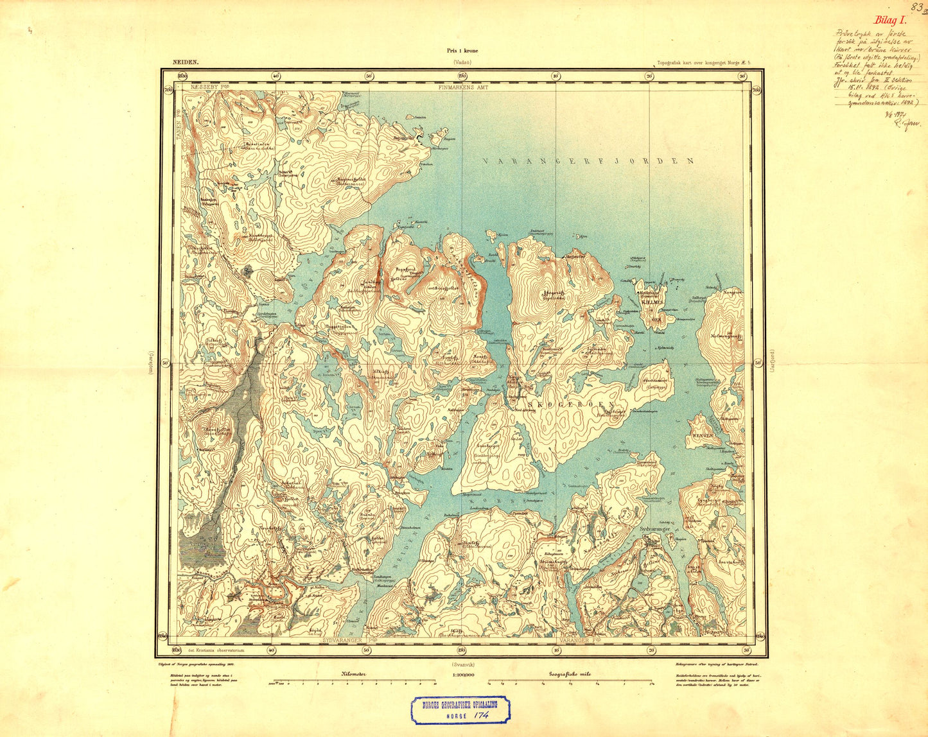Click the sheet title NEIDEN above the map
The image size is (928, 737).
pyautogui.click(x=186, y=63)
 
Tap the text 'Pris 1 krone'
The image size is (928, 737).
pyautogui.click(x=462, y=51)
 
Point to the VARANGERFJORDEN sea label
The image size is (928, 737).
pyautogui.click(x=588, y=161)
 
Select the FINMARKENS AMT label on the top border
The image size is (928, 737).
pyautogui.click(x=463, y=87)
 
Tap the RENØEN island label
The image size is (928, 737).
pyautogui.click(x=703, y=435)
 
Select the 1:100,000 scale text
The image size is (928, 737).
pyautogui.click(x=463, y=675)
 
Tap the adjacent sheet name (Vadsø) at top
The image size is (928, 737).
pyautogui.click(x=462, y=63)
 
